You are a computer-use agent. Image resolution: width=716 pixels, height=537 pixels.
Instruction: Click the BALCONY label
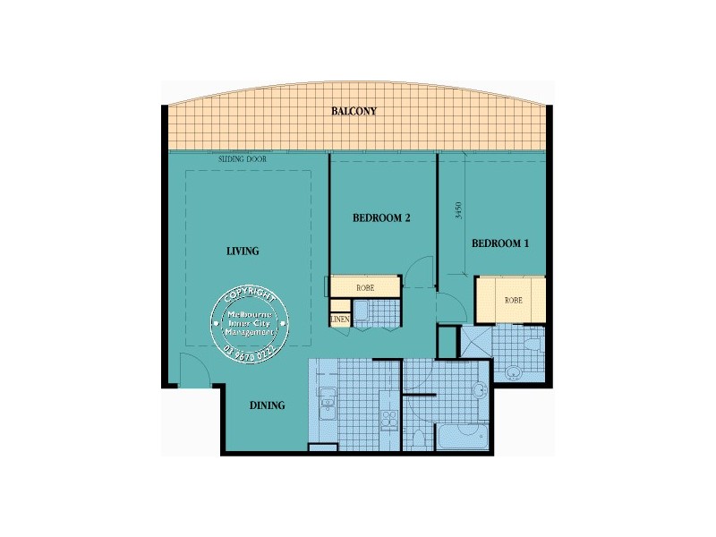354,112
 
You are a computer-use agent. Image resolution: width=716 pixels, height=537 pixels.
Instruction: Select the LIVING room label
243,251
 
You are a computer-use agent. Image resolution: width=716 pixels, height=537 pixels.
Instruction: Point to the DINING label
267,405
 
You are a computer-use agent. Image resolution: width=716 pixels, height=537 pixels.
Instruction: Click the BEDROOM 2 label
381,217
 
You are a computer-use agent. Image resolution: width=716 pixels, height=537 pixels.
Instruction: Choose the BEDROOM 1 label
500,243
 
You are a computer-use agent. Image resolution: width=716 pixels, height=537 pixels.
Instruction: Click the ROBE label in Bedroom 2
364,288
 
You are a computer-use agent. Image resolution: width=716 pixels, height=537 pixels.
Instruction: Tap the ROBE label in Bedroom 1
513,300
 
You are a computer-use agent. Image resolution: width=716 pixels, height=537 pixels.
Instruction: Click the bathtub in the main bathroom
461,438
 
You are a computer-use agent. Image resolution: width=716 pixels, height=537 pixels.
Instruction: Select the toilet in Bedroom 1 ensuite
531,344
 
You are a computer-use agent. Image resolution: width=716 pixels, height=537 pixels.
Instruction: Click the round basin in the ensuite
513,372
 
